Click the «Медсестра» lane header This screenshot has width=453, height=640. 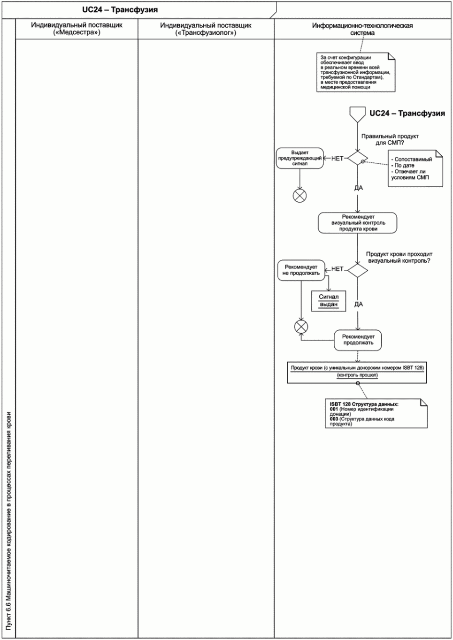[x=77, y=29]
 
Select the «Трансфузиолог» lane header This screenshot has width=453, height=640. [x=206, y=29]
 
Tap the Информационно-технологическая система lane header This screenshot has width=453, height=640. [x=362, y=29]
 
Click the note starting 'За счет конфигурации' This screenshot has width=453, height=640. [x=356, y=72]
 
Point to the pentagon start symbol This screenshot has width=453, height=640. [x=358, y=114]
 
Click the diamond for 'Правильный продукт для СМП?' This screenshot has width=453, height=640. [x=358, y=158]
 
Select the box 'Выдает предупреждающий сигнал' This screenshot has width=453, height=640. [x=300, y=158]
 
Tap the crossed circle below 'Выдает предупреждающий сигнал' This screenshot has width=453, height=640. [x=300, y=196]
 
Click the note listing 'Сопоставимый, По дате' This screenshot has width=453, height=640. [x=415, y=168]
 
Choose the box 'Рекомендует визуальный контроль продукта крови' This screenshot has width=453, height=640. [x=358, y=223]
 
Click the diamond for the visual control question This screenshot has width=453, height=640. [x=358, y=270]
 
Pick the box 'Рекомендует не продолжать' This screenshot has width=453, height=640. [x=301, y=270]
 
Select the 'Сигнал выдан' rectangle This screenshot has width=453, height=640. [x=329, y=301]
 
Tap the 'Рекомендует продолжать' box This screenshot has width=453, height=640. [x=358, y=340]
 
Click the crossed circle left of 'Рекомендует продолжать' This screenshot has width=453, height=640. [x=301, y=327]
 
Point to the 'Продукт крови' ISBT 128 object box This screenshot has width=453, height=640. [x=357, y=372]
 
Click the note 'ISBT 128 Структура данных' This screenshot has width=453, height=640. [x=376, y=413]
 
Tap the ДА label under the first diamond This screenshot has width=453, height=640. [x=358, y=188]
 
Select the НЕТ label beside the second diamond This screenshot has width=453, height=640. [x=337, y=269]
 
